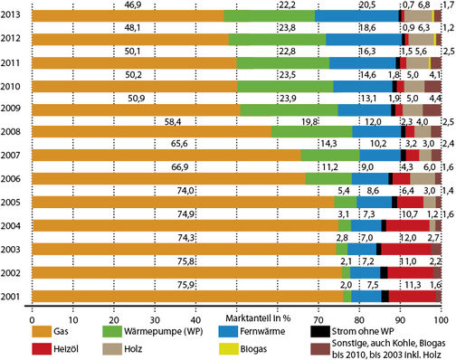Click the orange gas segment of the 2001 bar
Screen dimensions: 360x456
coord(181,295)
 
